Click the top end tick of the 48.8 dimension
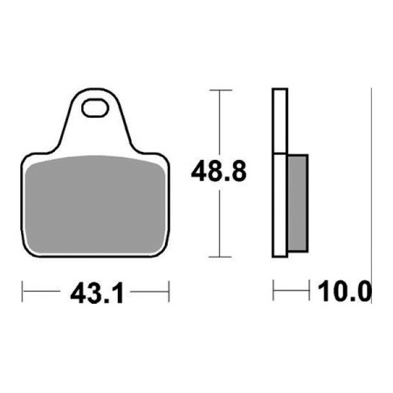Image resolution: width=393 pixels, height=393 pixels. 222,90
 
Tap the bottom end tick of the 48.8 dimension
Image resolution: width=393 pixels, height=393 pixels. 222,258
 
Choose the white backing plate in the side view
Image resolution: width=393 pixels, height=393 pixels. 279,175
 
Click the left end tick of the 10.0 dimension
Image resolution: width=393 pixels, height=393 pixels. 274,290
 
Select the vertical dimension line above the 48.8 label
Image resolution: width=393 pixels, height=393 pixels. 222,122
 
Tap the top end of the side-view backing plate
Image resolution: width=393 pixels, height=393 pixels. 279,91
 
